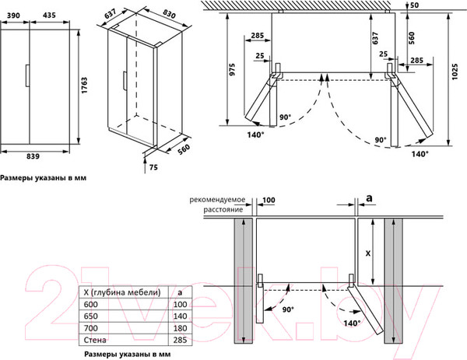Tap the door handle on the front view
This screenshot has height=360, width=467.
26,77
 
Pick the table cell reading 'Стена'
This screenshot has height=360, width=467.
95,341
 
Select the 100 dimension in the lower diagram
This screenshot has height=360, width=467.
269,201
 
